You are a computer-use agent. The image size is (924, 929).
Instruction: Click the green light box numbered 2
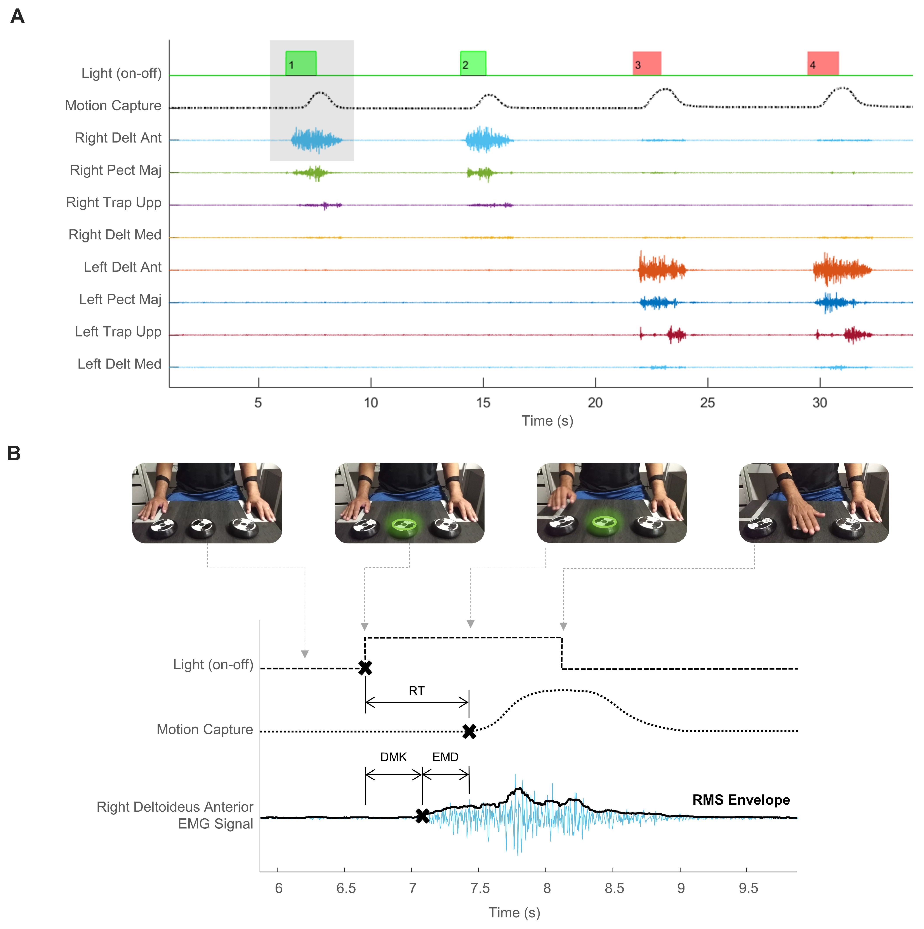click(473, 63)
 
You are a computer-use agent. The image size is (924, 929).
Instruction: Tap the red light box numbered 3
click(647, 63)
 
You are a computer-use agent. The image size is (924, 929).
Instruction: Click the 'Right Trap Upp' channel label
click(114, 202)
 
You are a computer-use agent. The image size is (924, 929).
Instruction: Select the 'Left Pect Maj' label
click(120, 299)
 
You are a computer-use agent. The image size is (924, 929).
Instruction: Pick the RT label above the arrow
click(416, 691)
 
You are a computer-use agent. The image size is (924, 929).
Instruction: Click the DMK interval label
click(393, 757)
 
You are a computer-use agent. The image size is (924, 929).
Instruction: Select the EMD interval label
click(445, 757)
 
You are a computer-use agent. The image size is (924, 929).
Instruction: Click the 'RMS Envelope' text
click(741, 800)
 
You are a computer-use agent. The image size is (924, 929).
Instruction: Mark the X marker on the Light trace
click(365, 667)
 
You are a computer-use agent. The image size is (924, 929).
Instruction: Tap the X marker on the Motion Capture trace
click(469, 731)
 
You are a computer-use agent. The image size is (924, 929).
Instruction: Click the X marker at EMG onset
click(423, 816)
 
